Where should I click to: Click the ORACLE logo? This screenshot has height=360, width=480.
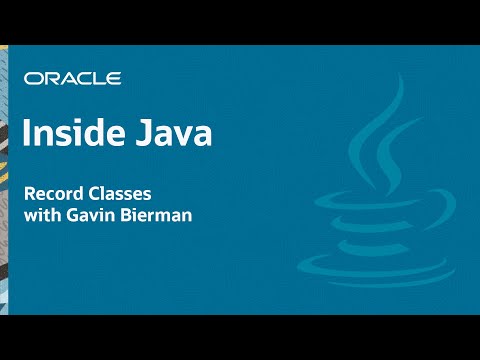coord(73,78)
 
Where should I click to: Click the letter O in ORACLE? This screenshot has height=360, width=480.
coord(33,78)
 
